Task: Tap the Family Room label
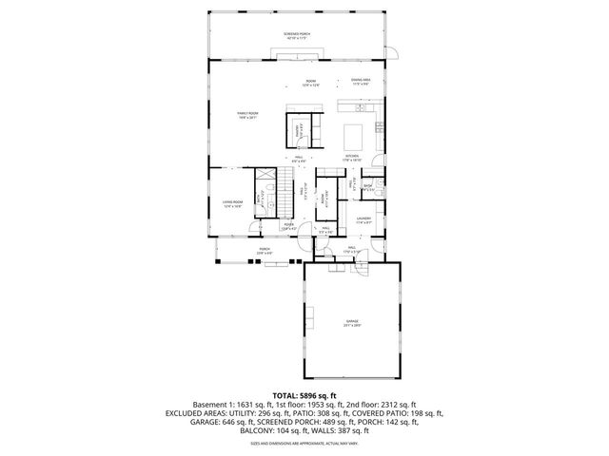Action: click(x=248, y=115)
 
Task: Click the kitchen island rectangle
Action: click(x=353, y=130)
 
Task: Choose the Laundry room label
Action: click(x=363, y=220)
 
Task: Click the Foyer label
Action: click(x=289, y=226)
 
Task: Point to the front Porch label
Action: click(x=264, y=252)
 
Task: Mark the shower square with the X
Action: click(x=380, y=185)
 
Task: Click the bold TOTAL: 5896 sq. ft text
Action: click(x=304, y=394)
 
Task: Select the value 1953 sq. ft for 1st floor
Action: click(x=326, y=403)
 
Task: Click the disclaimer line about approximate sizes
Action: click(x=304, y=443)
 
